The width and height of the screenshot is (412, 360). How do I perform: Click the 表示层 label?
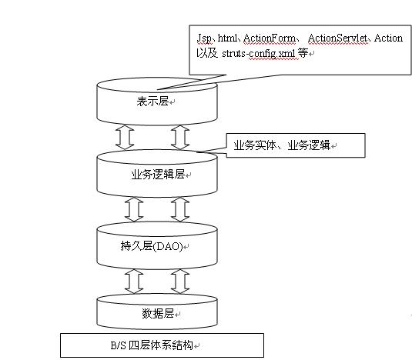pos(152,102)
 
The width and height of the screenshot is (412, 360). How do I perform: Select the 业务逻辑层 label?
pos(158,175)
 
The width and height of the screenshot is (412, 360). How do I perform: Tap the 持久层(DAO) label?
pos(152,246)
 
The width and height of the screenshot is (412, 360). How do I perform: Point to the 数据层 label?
pos(158,313)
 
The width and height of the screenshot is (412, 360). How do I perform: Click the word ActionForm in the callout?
pos(270,38)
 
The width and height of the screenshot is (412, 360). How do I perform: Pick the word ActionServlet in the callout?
pos(337,38)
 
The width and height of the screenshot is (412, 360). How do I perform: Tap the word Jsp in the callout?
pos(204,38)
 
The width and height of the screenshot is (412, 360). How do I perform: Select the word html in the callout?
pos(227,38)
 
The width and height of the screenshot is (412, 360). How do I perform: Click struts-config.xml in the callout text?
pos(259,54)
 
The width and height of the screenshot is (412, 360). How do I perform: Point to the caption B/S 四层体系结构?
pos(152,345)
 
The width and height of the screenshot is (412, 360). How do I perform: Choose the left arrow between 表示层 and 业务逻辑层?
pos(125,137)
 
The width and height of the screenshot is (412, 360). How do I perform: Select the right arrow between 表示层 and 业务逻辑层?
pos(180,137)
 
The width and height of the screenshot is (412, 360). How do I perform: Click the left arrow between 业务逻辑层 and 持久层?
pos(134,209)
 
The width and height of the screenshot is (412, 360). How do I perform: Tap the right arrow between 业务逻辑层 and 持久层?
pos(180,209)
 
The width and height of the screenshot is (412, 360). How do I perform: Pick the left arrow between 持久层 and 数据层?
pos(134,282)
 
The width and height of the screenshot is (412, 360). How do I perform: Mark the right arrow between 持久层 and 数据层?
pos(180,282)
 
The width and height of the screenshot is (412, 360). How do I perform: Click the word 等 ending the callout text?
pos(303,53)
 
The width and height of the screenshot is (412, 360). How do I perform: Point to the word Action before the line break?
pos(388,38)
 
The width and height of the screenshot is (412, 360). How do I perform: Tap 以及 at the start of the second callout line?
pos(207,53)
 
